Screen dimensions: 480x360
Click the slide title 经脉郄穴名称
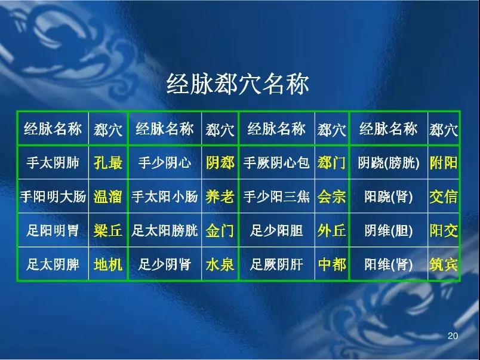238,84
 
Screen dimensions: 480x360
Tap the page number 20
453,336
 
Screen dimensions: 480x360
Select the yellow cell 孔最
108,162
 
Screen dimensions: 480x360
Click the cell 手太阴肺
53,162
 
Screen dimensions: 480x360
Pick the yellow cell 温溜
108,196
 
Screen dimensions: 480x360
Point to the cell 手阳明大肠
53,196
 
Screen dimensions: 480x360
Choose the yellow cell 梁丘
108,230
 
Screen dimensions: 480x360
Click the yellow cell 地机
108,264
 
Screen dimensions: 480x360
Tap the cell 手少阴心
165,162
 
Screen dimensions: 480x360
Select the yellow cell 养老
220,196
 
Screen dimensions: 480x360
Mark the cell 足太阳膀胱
165,230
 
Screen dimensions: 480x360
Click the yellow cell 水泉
220,264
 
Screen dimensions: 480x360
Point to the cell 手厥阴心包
276,162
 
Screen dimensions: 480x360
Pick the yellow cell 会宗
331,196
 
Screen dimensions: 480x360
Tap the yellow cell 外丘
331,230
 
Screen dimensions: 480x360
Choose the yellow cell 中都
332,264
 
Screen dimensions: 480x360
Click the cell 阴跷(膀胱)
389,162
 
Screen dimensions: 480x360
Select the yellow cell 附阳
444,162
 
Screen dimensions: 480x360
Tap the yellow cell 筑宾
444,264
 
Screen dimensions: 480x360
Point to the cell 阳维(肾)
389,264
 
